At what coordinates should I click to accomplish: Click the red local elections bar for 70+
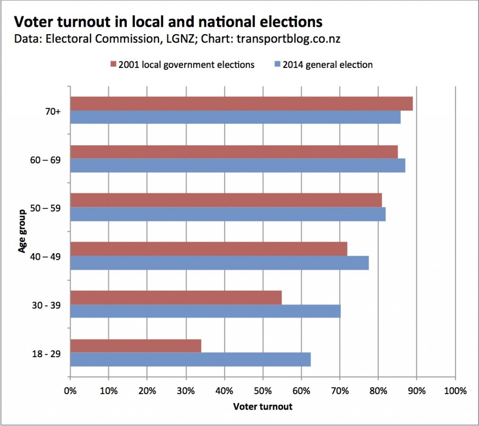241,103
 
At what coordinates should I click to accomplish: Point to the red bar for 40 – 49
209,249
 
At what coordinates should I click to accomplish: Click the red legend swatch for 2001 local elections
113,65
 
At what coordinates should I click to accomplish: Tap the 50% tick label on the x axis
263,391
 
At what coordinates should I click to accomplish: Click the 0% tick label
70,391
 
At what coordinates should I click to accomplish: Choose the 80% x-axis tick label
378,391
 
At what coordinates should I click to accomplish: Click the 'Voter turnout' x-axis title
262,406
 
